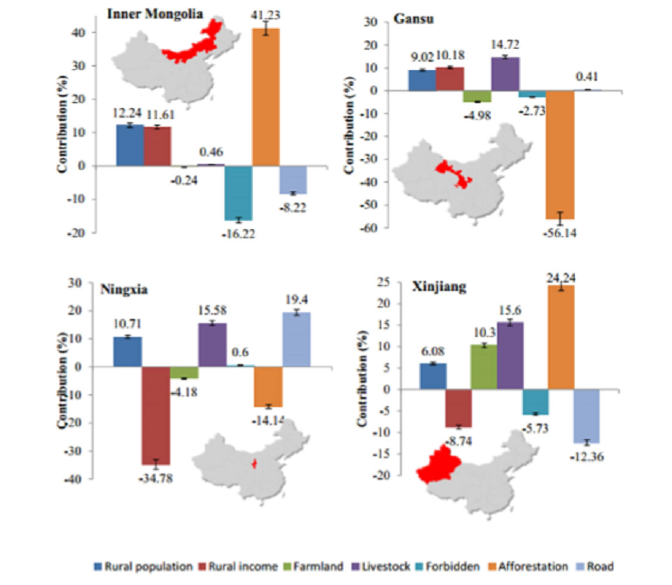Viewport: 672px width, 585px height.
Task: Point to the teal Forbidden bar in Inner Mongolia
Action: (238, 192)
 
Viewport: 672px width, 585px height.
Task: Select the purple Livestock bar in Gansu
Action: (505, 73)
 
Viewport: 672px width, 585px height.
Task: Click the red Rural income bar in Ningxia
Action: (155, 415)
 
